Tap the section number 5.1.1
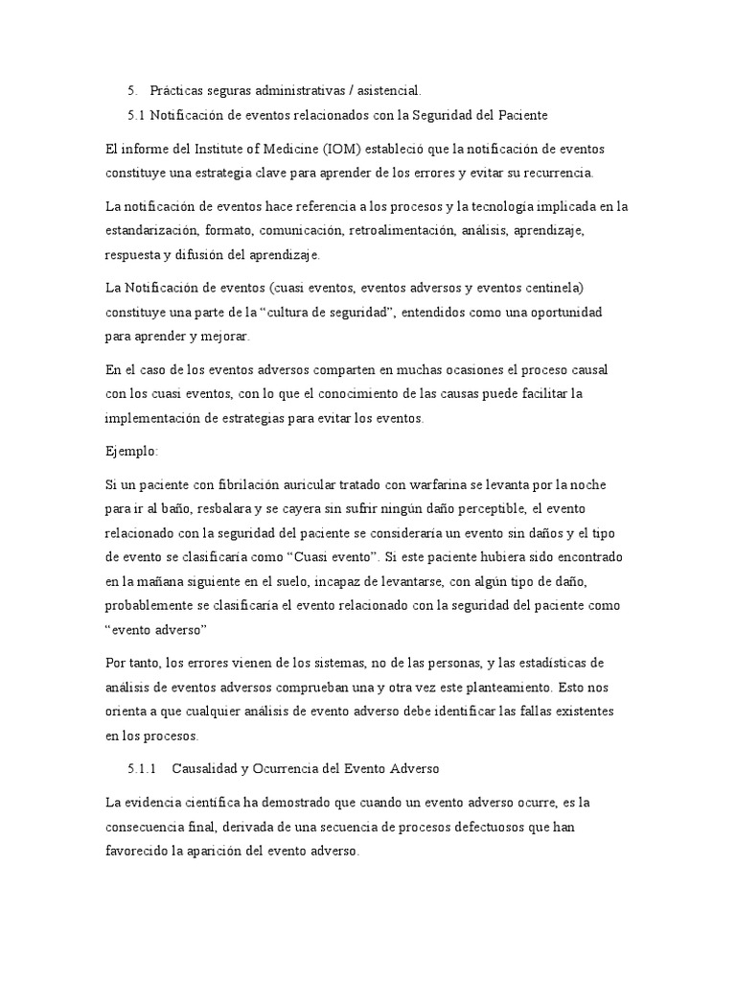coord(142,769)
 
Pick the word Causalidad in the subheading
coord(218,769)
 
